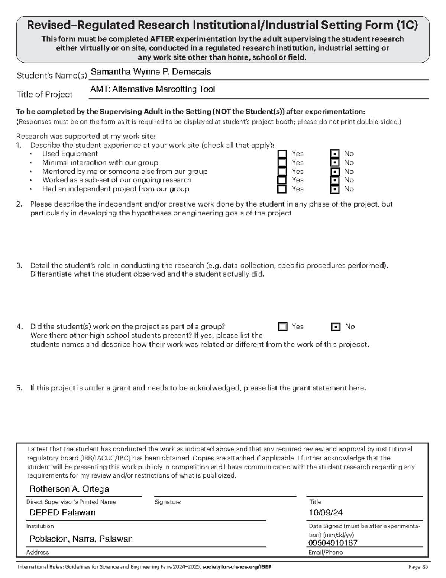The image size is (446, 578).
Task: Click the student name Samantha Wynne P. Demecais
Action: (x=151, y=72)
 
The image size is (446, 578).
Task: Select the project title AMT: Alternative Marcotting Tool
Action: (x=152, y=89)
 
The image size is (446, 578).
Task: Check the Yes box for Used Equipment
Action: (x=282, y=154)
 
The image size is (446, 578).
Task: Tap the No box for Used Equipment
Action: (x=335, y=154)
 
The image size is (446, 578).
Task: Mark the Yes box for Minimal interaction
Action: (x=282, y=163)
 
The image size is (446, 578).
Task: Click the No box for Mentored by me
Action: (x=335, y=172)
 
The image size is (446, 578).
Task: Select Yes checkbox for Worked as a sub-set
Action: (x=282, y=180)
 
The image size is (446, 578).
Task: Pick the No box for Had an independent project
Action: (x=335, y=189)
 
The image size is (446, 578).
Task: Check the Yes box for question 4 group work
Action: (x=283, y=327)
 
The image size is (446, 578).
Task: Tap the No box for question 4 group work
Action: (x=336, y=327)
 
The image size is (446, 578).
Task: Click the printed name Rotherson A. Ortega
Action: (x=69, y=489)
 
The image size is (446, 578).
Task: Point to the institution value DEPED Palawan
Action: (x=62, y=512)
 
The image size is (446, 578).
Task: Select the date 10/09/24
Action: (x=326, y=512)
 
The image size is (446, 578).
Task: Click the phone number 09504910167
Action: (x=333, y=543)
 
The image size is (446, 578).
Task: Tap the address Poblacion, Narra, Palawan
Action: (x=81, y=539)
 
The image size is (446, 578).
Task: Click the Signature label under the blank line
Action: (x=167, y=502)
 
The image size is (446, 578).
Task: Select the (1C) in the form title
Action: (x=407, y=25)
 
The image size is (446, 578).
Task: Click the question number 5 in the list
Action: (x=19, y=388)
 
